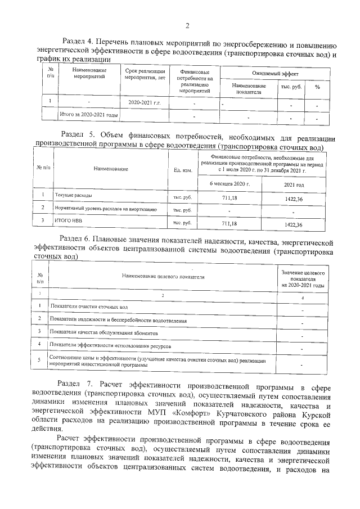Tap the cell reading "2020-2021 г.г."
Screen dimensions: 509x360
pos(145,103)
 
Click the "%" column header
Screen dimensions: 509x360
pos(317,87)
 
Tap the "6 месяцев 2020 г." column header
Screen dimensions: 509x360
pos(229,184)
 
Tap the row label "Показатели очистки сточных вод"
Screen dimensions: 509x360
pos(89,307)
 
